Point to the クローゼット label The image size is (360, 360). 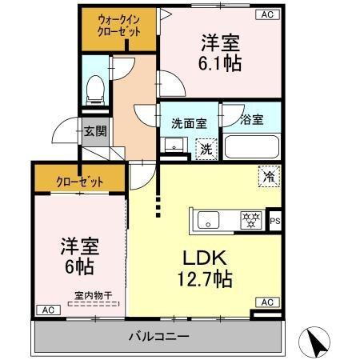(78, 181)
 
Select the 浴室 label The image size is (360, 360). (250, 122)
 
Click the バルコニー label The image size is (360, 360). (158, 334)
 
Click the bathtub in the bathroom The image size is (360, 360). (251, 147)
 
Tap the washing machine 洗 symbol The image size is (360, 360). (206, 148)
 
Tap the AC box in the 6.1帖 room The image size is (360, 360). (266, 14)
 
